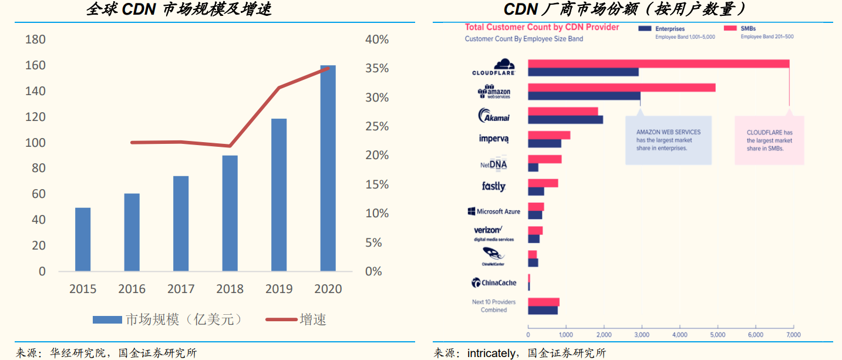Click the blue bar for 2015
pyautogui.click(x=83, y=239)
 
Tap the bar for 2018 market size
pyautogui.click(x=230, y=213)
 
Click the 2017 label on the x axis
pyautogui.click(x=181, y=289)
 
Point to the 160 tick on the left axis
pyautogui.click(x=36, y=65)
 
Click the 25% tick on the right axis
pyautogui.click(x=377, y=126)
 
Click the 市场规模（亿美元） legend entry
pyautogui.click(x=167, y=319)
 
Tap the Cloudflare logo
pyautogui.click(x=494, y=67)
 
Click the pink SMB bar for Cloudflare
pyautogui.click(x=658, y=63)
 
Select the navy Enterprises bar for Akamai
pyautogui.click(x=565, y=120)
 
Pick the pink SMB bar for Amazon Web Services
pyautogui.click(x=621, y=88)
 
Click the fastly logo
pyautogui.click(x=493, y=187)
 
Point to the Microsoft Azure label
pyautogui.click(x=494, y=211)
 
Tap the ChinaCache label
pyautogui.click(x=494, y=283)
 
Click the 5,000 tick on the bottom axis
pyautogui.click(x=718, y=335)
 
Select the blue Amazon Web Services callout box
pyautogui.click(x=668, y=140)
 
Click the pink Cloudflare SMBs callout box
pyautogui.click(x=769, y=140)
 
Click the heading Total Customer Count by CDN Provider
pyautogui.click(x=542, y=27)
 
